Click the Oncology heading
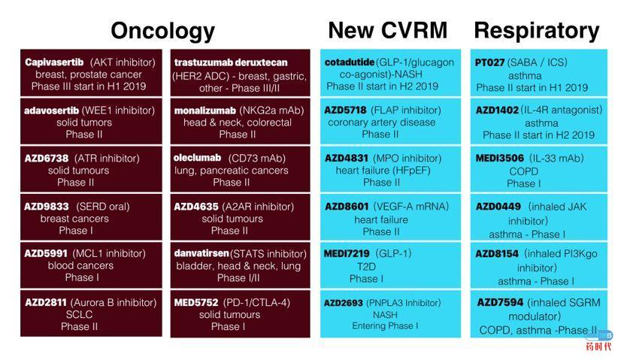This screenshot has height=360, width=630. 162,32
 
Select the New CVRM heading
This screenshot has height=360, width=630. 388,30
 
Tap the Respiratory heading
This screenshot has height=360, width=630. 537,32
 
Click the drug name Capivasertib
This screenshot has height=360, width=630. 54,62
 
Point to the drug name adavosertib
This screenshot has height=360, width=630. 51,110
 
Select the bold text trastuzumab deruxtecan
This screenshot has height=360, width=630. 231,62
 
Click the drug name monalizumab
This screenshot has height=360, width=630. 205,111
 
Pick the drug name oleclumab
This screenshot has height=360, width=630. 197,158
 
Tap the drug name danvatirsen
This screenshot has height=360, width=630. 201,253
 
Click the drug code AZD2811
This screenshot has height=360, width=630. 45,302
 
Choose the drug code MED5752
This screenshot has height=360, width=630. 196,302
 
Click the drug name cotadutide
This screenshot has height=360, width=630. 350,62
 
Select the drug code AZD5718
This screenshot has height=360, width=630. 346,110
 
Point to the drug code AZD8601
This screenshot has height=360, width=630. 347,207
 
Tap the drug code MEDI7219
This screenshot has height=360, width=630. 347,253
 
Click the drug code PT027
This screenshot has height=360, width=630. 489,62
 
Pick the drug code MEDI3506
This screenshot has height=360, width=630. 500,159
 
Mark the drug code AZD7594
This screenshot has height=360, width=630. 500,302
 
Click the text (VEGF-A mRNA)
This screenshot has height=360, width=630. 411,207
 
